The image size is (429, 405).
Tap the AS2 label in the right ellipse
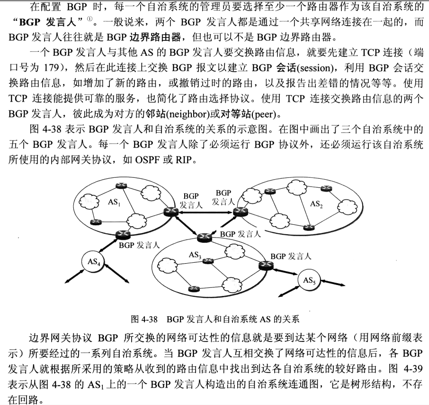(317, 204)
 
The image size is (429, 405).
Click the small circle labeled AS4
(93, 261)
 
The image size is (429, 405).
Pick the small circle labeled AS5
(309, 281)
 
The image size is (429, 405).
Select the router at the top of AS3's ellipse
(205, 237)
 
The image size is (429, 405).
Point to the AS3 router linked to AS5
(264, 267)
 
